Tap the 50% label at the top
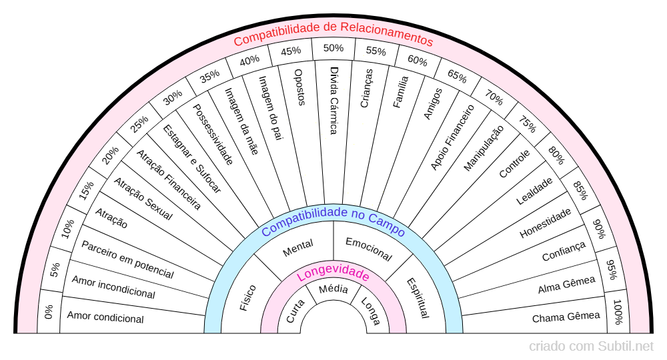[333, 48]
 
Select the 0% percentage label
[49, 312]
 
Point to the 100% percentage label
[618, 312]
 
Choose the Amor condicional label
[105, 318]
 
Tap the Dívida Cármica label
[334, 100]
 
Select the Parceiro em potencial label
[127, 259]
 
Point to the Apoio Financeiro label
[452, 137]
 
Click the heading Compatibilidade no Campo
[333, 221]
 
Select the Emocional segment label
[368, 248]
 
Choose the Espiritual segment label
[418, 297]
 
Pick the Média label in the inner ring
[333, 289]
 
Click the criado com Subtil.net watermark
[592, 346]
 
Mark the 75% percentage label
[527, 125]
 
